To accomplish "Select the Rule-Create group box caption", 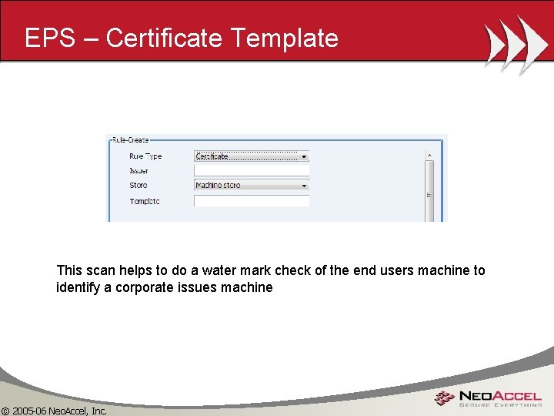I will click(x=131, y=140).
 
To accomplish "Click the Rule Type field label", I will click(x=146, y=156).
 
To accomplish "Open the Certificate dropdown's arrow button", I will click(x=304, y=156).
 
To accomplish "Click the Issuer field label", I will click(x=139, y=170).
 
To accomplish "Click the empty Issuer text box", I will click(x=251, y=170).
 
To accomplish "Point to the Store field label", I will click(x=138, y=185).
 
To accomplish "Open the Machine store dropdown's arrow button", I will click(x=304, y=186).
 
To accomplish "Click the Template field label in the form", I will click(x=145, y=201).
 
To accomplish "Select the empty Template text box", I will click(x=251, y=200).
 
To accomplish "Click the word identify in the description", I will click(x=78, y=287).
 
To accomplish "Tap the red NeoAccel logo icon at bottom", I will click(x=443, y=398).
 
